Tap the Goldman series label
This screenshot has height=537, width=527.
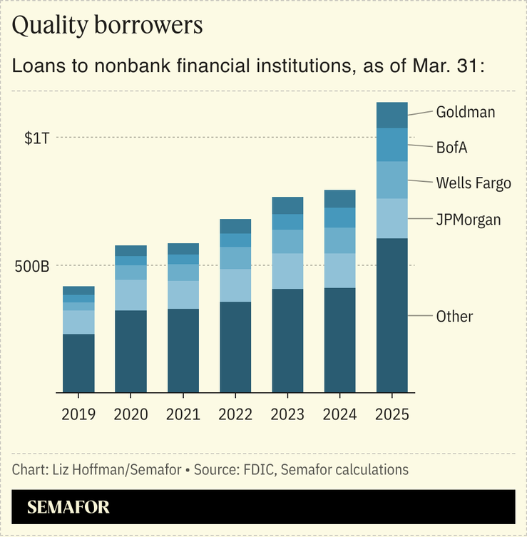(465, 112)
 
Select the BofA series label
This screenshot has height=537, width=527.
(451, 148)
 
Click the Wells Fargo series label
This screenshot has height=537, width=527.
(474, 183)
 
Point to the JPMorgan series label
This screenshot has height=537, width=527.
(469, 220)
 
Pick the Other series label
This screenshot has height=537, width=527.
(454, 316)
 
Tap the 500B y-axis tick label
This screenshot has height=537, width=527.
(32, 267)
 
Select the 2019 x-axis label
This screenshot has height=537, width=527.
(78, 414)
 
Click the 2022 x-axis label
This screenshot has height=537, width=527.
(235, 414)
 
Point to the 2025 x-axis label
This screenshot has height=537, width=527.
(392, 414)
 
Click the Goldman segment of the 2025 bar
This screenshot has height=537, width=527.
(392, 115)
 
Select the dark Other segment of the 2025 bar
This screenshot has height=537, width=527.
(392, 315)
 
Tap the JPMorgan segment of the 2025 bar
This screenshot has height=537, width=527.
(392, 218)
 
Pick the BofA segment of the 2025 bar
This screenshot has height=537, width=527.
(392, 145)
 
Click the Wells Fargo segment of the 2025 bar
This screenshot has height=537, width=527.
(392, 180)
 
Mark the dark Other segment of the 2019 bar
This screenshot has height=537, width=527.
(78, 363)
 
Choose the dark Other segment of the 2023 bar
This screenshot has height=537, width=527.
(287, 340)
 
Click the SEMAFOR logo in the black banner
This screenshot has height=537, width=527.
(68, 508)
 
